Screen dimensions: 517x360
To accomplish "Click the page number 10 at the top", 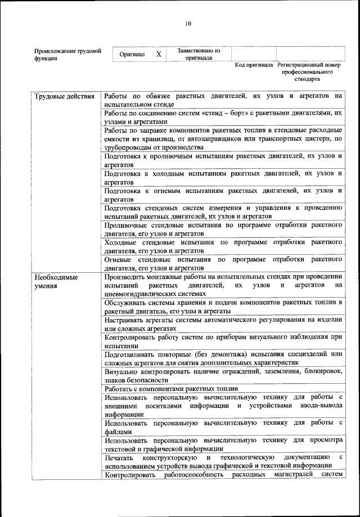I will [x=188, y=23].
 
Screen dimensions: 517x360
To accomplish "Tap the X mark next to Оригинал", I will [x=159, y=55].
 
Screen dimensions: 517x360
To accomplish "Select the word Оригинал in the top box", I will [x=132, y=55].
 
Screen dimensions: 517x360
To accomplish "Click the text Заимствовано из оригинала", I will [x=199, y=54].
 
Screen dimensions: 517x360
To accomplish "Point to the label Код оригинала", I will [x=254, y=65].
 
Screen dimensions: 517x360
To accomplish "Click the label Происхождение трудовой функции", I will [x=67, y=55].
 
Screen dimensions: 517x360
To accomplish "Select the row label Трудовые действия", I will [x=64, y=96].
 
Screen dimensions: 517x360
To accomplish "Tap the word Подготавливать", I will [x=130, y=354].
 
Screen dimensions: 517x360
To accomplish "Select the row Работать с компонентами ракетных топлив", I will [x=172, y=389].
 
